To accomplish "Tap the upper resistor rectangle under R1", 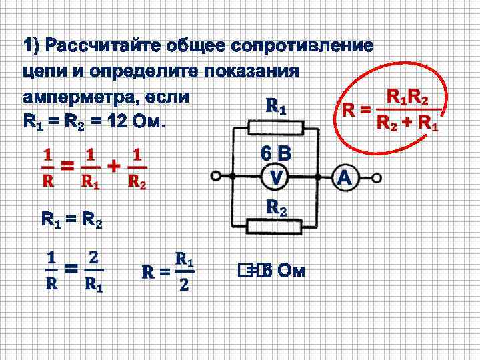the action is [x=275, y=127].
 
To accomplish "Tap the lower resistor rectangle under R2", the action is [x=275, y=228].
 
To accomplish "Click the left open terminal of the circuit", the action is [x=215, y=178].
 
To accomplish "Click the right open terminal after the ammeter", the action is [x=377, y=178].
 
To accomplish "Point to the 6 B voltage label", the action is [x=276, y=155].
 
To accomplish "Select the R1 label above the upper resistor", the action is [x=276, y=106].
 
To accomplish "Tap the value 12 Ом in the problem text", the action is [x=133, y=123].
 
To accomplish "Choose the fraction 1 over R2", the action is [x=136, y=169].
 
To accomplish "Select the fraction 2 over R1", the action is [x=94, y=271].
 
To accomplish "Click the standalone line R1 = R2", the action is [x=71, y=219].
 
